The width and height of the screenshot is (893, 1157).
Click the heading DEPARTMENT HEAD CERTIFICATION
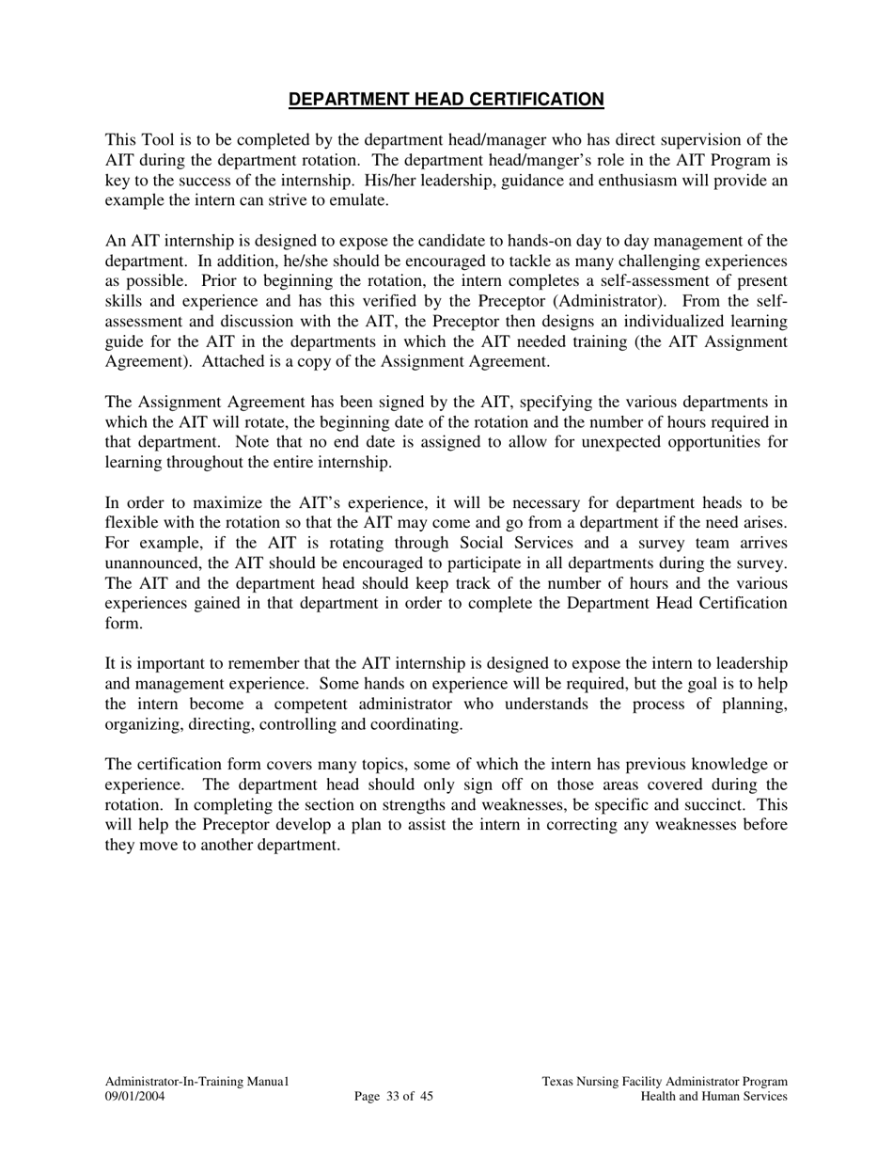click(446, 100)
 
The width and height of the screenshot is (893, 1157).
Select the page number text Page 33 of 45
click(394, 1096)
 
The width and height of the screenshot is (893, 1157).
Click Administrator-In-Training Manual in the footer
click(196, 1082)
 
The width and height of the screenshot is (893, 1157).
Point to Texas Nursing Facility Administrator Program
click(665, 1082)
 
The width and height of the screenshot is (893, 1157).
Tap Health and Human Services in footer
click(713, 1096)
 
